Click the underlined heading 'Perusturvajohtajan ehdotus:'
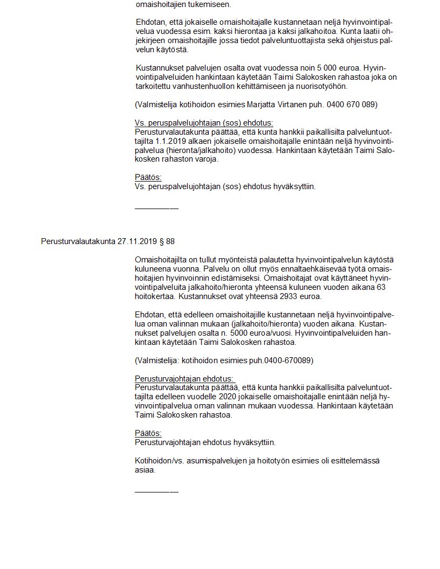coord(184,379)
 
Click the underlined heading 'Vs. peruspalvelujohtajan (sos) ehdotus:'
coord(204,123)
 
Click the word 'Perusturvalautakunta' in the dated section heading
coord(78,241)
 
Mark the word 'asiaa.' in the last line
coord(145,470)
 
